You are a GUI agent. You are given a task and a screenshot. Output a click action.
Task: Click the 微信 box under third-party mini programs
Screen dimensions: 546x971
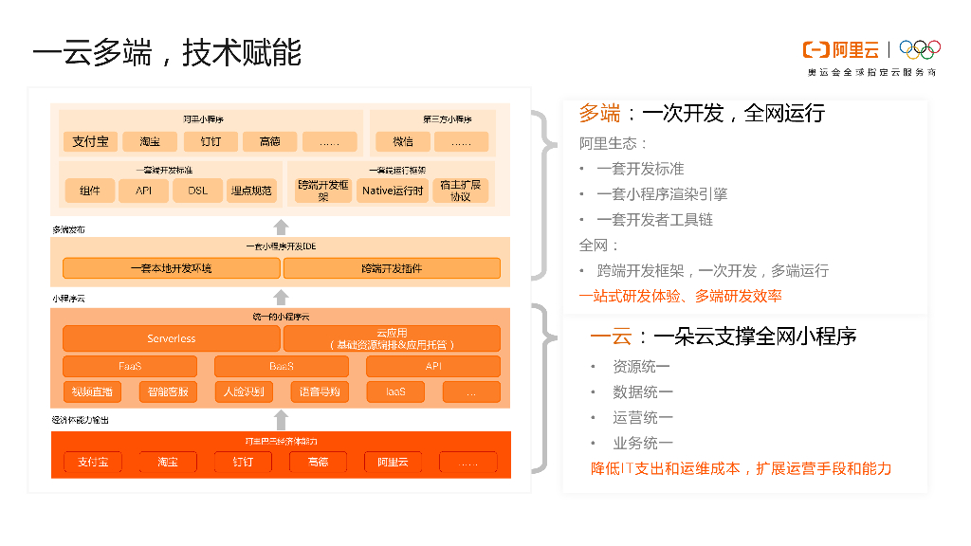click(x=402, y=142)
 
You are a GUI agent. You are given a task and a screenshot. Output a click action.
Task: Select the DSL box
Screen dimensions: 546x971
click(x=197, y=191)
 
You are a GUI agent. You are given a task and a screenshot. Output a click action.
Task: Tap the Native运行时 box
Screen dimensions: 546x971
click(x=393, y=191)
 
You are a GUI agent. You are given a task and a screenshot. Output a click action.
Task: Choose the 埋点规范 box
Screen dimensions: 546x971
click(x=251, y=191)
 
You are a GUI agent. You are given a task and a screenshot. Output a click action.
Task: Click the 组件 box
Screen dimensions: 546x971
click(x=90, y=191)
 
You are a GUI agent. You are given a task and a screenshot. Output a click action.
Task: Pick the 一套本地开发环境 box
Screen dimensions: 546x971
click(x=171, y=268)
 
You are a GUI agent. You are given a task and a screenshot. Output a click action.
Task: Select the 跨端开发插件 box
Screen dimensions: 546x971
click(x=392, y=268)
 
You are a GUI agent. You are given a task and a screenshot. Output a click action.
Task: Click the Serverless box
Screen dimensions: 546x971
click(x=171, y=338)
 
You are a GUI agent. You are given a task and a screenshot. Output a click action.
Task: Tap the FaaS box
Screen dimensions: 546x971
click(x=130, y=366)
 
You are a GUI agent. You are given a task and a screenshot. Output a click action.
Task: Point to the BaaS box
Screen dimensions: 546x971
click(x=281, y=366)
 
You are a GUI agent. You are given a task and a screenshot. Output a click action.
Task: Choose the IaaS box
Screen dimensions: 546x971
click(x=395, y=391)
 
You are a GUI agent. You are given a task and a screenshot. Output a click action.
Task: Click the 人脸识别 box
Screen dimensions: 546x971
click(x=244, y=391)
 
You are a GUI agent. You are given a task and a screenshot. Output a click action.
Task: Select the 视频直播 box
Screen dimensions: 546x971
click(x=92, y=391)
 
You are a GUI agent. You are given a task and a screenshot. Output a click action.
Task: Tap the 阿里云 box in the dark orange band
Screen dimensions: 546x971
click(x=393, y=462)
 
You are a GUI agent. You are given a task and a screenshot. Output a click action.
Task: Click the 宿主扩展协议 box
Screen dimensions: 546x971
click(x=460, y=191)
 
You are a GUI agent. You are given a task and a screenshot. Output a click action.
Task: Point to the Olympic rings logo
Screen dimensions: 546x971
click(x=919, y=49)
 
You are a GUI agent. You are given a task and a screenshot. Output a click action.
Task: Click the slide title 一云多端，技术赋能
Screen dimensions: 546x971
click(x=167, y=52)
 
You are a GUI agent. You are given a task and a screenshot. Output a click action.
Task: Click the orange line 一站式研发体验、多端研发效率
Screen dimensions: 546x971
click(x=681, y=297)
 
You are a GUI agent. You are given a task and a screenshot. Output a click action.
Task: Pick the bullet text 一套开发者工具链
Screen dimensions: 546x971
click(x=654, y=219)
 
